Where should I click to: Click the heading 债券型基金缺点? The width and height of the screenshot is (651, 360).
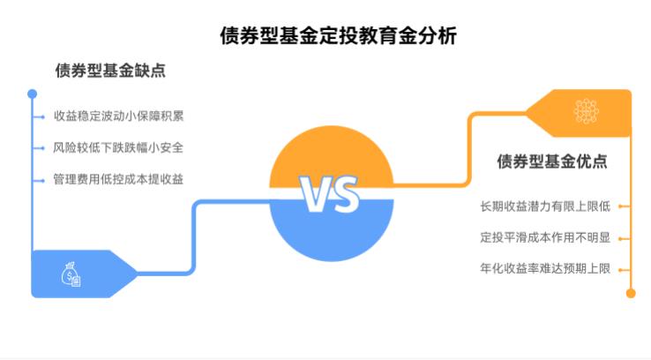tap(110, 71)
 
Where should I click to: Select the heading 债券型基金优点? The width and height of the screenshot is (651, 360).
tap(551, 161)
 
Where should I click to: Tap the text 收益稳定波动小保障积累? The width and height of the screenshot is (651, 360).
tap(118, 116)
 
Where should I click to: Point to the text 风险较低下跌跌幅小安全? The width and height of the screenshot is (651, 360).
tap(118, 147)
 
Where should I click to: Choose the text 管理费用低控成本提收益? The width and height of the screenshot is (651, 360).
tap(118, 179)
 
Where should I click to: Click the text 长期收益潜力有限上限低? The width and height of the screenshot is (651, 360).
tap(544, 206)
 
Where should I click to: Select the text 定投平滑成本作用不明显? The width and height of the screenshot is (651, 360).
tap(544, 237)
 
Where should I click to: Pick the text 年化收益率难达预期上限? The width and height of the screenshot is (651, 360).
tap(544, 269)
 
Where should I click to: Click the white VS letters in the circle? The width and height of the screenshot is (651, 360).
tap(329, 195)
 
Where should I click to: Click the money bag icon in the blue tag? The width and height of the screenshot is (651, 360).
tap(71, 274)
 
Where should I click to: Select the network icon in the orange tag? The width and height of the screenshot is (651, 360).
tap(586, 111)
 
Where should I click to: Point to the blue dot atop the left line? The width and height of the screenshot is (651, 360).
tap(33, 93)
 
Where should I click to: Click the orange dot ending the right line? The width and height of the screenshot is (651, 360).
tap(631, 293)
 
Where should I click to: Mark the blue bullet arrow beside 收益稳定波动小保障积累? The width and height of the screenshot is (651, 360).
tap(41, 116)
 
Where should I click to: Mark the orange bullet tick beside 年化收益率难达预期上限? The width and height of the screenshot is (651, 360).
tap(623, 269)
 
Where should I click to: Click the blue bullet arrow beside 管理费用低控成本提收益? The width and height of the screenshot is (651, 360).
tap(41, 179)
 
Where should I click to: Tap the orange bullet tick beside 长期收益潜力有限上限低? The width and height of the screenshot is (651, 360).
tap(623, 206)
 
